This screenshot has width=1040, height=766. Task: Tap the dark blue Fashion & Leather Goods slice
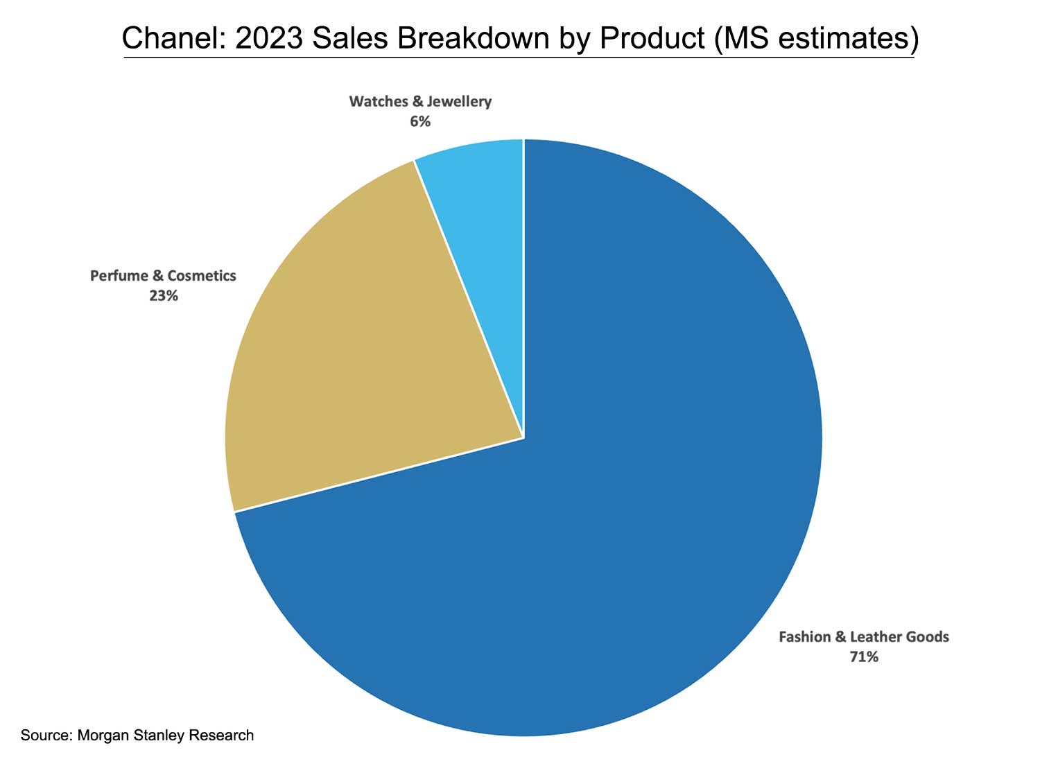pyautogui.click(x=624, y=520)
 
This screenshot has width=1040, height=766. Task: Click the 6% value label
pyautogui.click(x=420, y=121)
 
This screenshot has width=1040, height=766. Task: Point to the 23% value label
pyautogui.click(x=164, y=296)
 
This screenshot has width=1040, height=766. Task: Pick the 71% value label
pyautogui.click(x=864, y=656)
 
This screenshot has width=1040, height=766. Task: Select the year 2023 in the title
pyautogui.click(x=269, y=38)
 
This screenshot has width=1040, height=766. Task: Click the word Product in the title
pyautogui.click(x=652, y=38)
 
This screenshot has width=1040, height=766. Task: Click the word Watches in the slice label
pyautogui.click(x=379, y=102)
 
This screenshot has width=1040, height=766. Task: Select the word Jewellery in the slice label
pyautogui.click(x=459, y=102)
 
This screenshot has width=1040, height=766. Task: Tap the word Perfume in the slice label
pyautogui.click(x=119, y=276)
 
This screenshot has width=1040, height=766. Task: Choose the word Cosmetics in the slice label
pyautogui.click(x=202, y=276)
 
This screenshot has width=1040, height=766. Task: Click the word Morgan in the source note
pyautogui.click(x=102, y=735)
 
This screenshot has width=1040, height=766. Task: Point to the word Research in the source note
pyautogui.click(x=221, y=735)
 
